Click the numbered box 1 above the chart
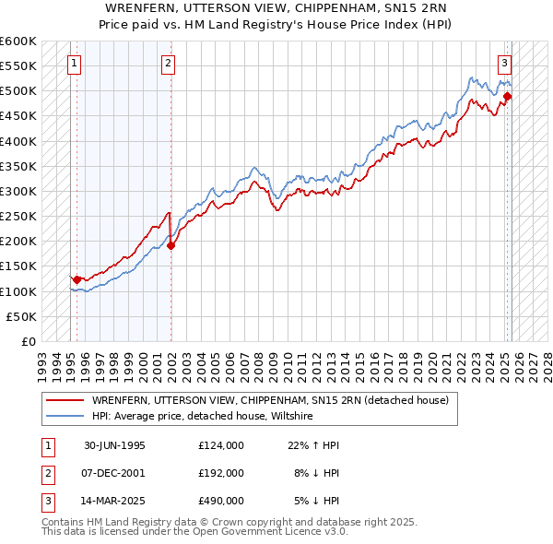click(x=73, y=64)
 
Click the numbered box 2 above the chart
click(x=168, y=64)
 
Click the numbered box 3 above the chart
click(x=505, y=64)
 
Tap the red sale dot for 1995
click(x=76, y=278)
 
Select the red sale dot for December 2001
click(x=171, y=245)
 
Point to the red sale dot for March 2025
click(x=508, y=96)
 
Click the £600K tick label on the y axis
click(x=19, y=41)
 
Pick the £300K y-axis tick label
click(x=19, y=192)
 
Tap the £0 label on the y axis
click(x=28, y=341)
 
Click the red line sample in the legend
click(x=64, y=400)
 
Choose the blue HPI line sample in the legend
click(x=64, y=417)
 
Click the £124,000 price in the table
click(x=220, y=445)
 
